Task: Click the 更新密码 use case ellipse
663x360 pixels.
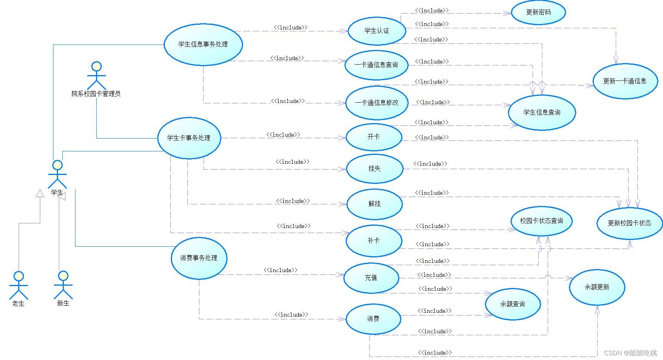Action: [x=538, y=12]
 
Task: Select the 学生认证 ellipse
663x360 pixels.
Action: [x=377, y=31]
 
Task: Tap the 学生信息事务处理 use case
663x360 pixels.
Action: [x=203, y=45]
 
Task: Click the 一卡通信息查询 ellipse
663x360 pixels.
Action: [x=376, y=65]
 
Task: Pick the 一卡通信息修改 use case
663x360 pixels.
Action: [x=377, y=103]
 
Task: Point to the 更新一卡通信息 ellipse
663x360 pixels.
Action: [x=625, y=81]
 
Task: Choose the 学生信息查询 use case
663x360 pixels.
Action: [x=541, y=113]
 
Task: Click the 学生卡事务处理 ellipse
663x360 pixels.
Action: [x=189, y=138]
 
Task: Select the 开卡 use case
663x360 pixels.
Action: [x=374, y=137]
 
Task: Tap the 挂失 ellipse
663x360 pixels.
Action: [x=374, y=169]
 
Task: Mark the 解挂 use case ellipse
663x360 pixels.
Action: [x=374, y=204]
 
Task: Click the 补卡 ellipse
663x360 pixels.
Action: [x=374, y=241]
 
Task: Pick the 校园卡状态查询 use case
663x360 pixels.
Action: [x=541, y=221]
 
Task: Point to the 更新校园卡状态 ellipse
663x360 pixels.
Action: [x=629, y=223]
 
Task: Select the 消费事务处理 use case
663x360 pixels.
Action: [x=199, y=258]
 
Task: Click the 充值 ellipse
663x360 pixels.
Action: [x=371, y=278]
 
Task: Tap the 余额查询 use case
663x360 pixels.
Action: [x=512, y=304]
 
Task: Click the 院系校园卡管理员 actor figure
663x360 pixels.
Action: [x=96, y=76]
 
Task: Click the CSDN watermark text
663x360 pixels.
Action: [x=630, y=353]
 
